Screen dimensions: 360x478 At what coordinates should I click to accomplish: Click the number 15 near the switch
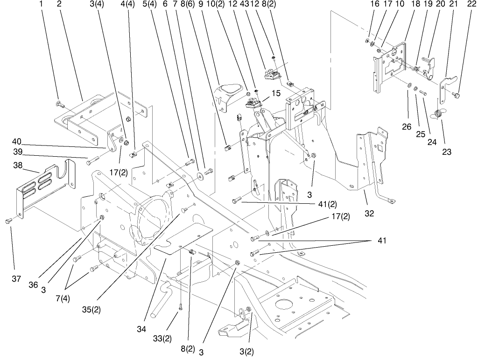coord(275,93)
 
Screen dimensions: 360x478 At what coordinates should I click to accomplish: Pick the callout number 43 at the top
coord(244,4)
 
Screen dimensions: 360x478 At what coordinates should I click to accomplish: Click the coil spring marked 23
coord(438,113)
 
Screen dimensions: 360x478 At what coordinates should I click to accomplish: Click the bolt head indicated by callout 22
coord(457,96)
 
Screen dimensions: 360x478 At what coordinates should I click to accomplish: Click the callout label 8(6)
coord(188,4)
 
